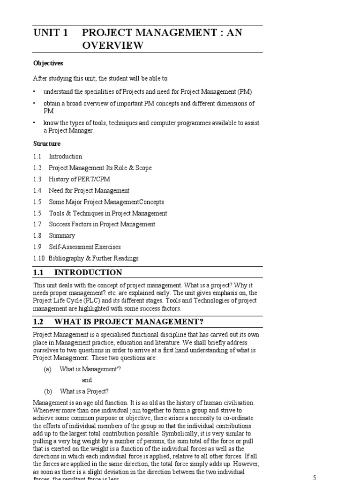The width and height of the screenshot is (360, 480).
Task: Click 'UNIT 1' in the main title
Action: click(51, 33)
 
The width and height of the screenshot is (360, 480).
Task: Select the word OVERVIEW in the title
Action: click(112, 45)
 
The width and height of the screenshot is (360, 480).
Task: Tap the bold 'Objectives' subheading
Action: click(48, 63)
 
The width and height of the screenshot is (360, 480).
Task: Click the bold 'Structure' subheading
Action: click(46, 143)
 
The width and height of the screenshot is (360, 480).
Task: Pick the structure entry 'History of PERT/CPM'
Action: click(80, 179)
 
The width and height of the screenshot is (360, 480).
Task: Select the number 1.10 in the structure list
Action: click(39, 258)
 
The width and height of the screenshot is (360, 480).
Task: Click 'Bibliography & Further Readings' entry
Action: click(93, 258)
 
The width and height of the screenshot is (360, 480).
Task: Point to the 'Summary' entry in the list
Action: click(62, 236)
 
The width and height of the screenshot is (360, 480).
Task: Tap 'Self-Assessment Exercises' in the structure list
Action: click(85, 247)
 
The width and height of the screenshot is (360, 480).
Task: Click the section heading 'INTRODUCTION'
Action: click(88, 272)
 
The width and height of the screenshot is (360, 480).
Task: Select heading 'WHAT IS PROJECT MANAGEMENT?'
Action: click(129, 321)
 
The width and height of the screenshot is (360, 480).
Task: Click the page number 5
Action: click(315, 478)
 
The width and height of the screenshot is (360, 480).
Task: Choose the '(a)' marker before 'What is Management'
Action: click(47, 369)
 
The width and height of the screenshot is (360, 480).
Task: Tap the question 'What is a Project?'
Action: click(84, 391)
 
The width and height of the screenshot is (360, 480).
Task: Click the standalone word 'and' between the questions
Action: click(87, 380)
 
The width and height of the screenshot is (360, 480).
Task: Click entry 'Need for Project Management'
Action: click(89, 190)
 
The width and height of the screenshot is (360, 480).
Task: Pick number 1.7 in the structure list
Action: click(37, 224)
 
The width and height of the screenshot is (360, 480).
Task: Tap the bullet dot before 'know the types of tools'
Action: click(34, 123)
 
